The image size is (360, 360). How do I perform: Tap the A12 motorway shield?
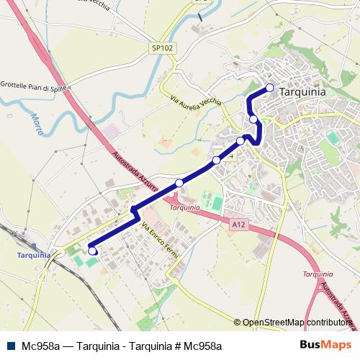(239, 226)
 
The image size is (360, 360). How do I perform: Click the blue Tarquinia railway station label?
(35, 255)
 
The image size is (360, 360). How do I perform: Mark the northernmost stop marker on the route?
(270, 88)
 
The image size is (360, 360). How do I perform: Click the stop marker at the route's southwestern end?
(92, 251)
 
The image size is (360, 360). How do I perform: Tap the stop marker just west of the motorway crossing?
(179, 183)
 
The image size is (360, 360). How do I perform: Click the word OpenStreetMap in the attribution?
(273, 323)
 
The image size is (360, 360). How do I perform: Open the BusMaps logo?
(325, 346)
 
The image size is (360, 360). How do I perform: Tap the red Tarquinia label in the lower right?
(318, 274)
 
